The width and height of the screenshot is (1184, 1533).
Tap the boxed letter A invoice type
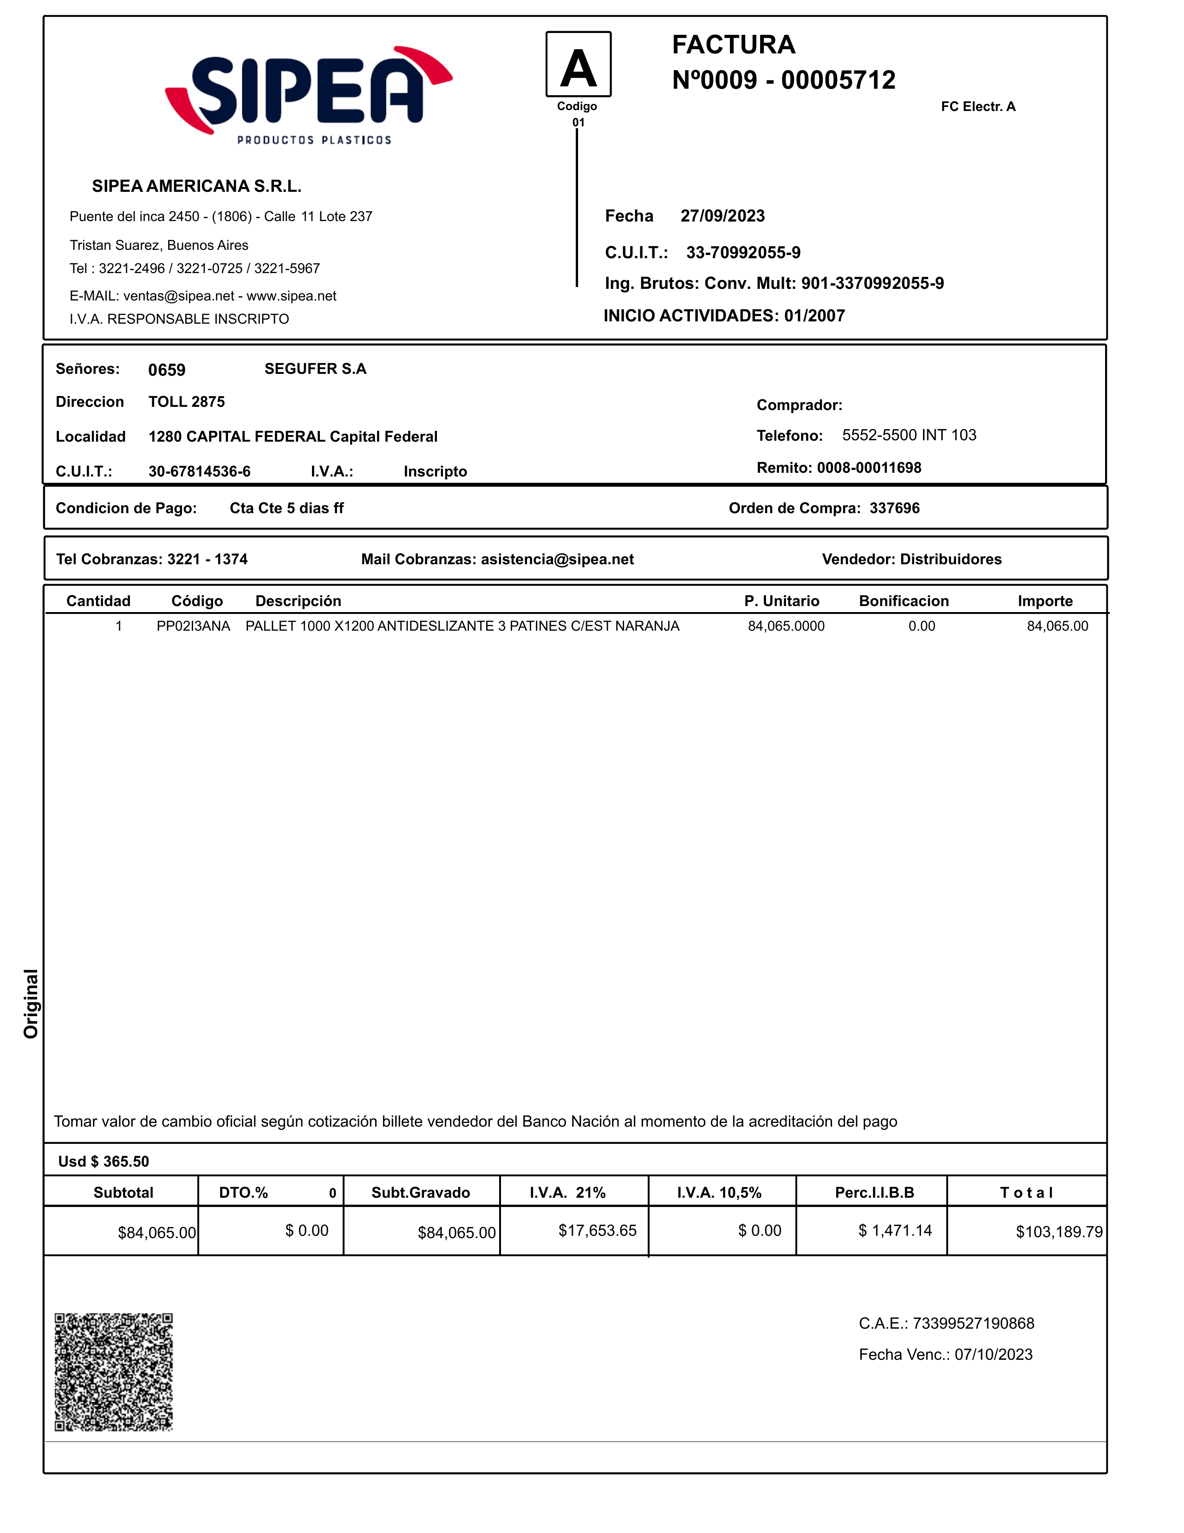click(579, 65)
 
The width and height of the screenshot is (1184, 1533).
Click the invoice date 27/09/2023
click(722, 216)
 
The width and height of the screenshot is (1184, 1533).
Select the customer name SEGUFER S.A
click(315, 369)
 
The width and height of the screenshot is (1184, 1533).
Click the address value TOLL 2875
click(187, 402)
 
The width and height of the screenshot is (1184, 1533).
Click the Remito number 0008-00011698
click(869, 468)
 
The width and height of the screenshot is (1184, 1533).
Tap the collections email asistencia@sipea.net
click(557, 560)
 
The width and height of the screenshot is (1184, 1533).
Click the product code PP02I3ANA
click(193, 626)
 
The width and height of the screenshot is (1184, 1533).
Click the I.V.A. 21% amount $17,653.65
click(597, 1231)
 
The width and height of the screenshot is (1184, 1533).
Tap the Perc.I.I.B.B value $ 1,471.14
click(895, 1231)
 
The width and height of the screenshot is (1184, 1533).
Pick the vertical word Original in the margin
click(31, 1003)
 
